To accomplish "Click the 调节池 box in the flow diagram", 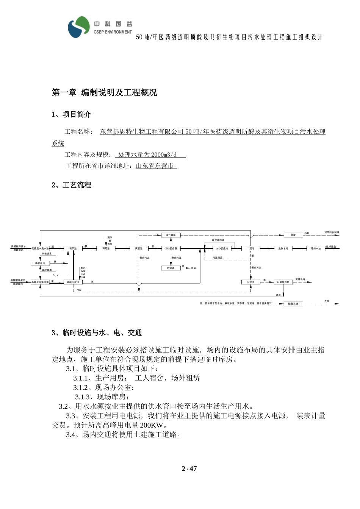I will [x=73, y=248].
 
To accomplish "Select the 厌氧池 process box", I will [x=139, y=248].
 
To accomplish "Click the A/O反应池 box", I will [x=222, y=248].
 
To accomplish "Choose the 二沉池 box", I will [x=251, y=248].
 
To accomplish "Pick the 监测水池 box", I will [x=283, y=248].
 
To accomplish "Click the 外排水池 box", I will [x=316, y=248].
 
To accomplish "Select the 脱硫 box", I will [x=293, y=235].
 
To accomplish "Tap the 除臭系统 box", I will [x=293, y=304].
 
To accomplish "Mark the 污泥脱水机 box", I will [x=283, y=282].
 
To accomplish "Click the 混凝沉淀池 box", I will [x=73, y=282].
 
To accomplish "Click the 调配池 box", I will [x=106, y=248].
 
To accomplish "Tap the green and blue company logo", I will [x=78, y=27].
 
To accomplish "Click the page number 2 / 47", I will [x=189, y=469].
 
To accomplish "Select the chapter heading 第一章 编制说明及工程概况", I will [x=104, y=93].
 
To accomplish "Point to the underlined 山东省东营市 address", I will [x=156, y=166].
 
